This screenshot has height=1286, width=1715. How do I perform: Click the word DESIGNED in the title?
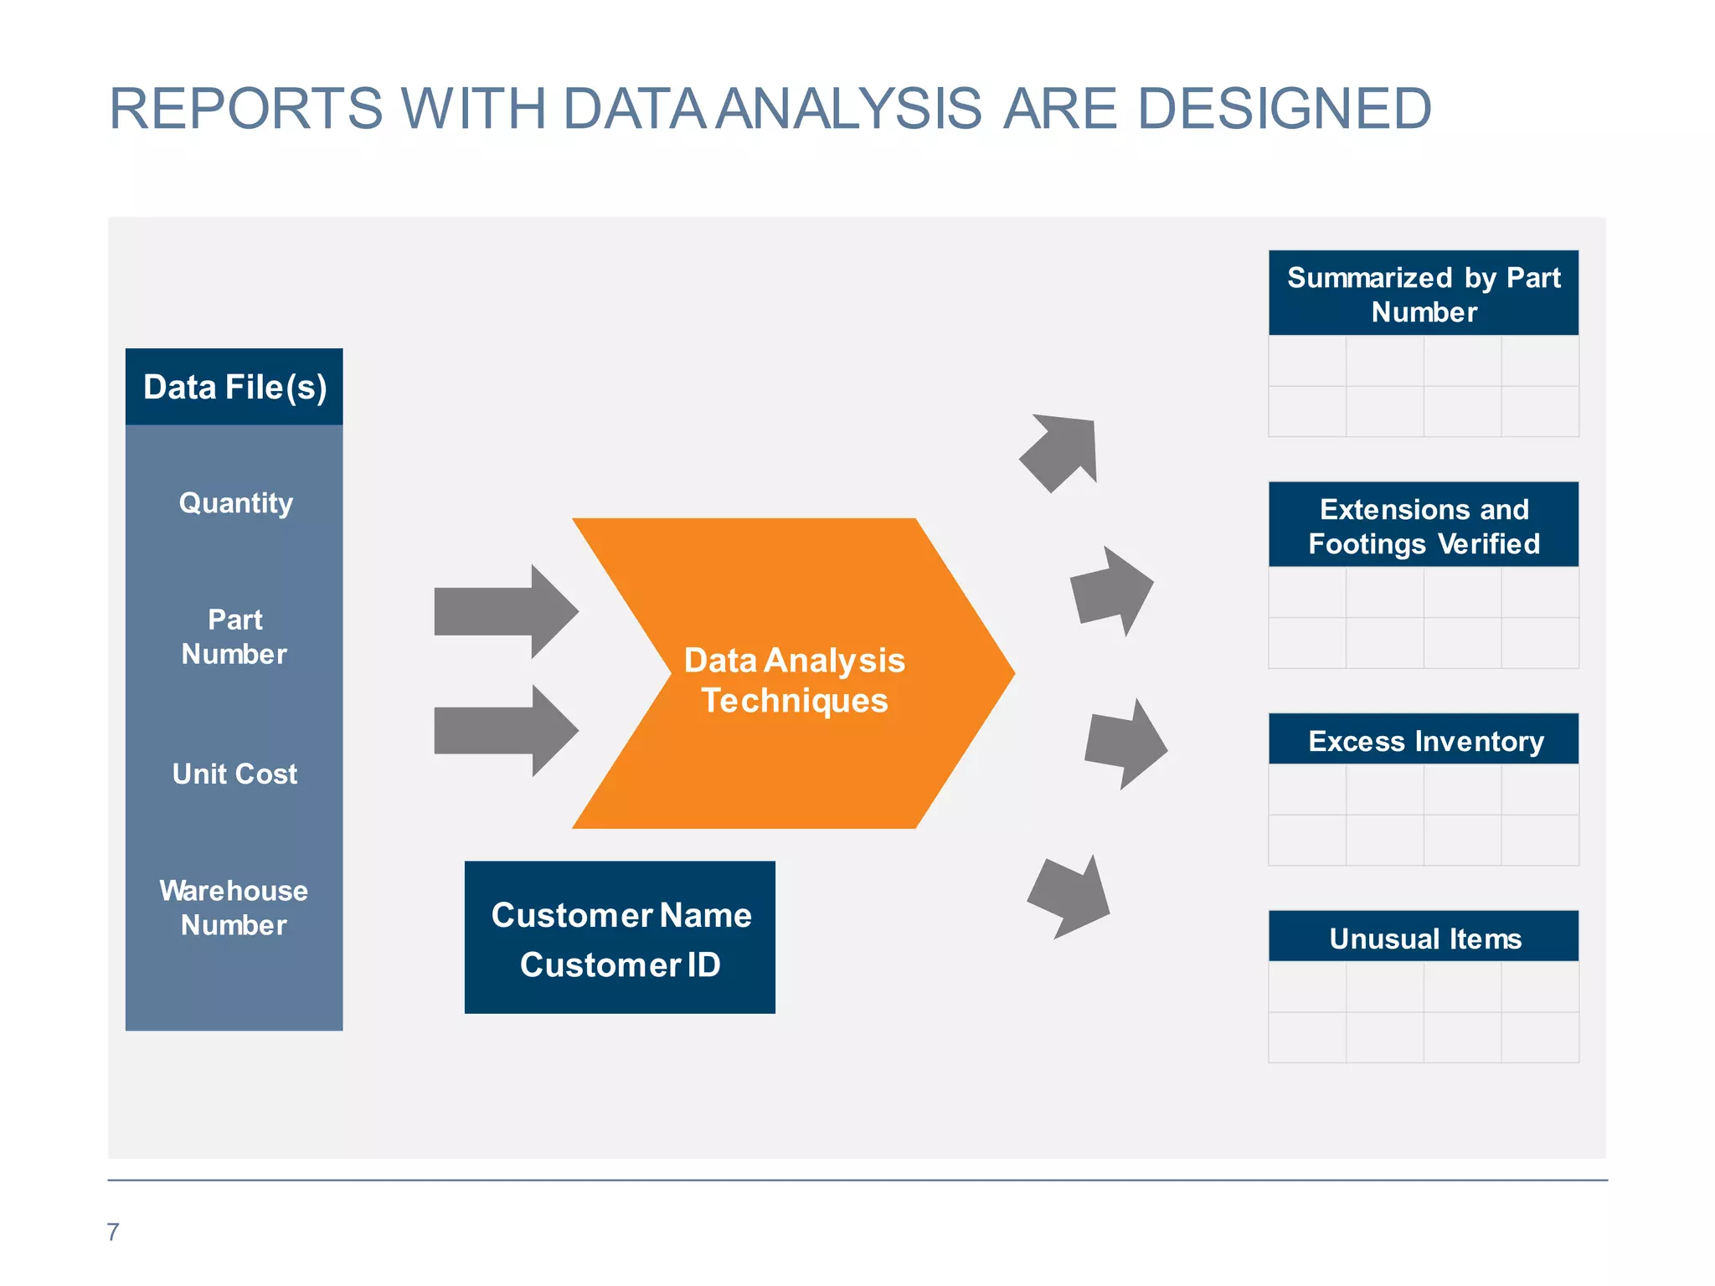[1285, 109]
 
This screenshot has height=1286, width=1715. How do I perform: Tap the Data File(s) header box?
[234, 387]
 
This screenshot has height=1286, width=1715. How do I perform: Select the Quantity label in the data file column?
[236, 503]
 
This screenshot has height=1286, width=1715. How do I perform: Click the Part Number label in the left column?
[234, 636]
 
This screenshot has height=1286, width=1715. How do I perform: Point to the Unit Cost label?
[234, 774]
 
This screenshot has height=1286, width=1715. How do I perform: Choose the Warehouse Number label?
[234, 908]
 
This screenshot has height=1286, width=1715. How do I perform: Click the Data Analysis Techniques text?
[794, 680]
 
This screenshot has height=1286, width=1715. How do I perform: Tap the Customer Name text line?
[621, 915]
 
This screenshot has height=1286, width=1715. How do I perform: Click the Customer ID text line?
[621, 965]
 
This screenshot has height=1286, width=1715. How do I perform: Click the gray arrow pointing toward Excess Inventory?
[1125, 744]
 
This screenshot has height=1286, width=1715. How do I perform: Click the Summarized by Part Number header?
[1424, 294]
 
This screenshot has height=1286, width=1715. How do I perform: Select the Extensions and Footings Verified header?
[1424, 526]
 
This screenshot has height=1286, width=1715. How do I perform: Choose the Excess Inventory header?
[1424, 741]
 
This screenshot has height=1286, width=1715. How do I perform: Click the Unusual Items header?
[1424, 938]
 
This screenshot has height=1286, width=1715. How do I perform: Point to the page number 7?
[113, 1232]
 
